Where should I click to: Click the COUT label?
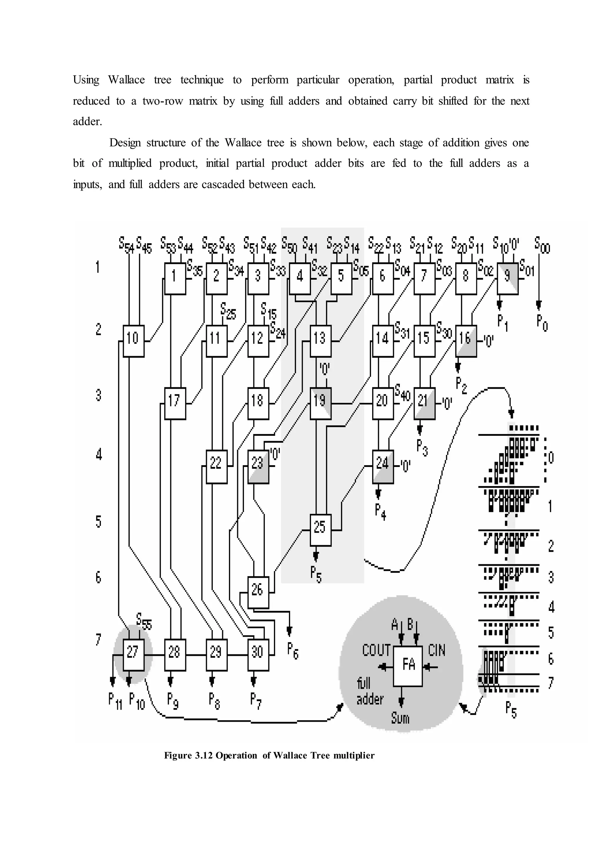(x=376, y=651)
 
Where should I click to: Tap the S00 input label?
(x=542, y=245)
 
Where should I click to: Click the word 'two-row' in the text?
(x=162, y=101)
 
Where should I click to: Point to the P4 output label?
(x=380, y=512)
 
